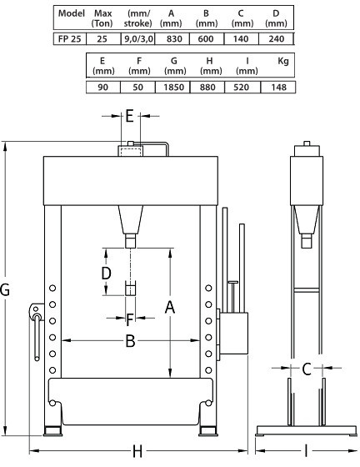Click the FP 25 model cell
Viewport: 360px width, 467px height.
(x=70, y=39)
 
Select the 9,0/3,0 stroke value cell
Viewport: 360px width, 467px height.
(x=138, y=39)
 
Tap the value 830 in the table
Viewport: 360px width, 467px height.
(x=172, y=39)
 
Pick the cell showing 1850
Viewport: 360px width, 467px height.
(x=173, y=88)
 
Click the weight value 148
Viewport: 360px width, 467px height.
(x=278, y=88)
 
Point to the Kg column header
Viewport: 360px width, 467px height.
(x=283, y=61)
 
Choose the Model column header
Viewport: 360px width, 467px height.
(x=72, y=13)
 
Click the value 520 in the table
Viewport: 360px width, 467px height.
(x=242, y=88)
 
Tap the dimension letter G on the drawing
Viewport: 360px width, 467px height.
(x=5, y=289)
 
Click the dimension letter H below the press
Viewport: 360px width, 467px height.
(x=137, y=451)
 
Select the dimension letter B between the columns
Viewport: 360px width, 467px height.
(x=130, y=341)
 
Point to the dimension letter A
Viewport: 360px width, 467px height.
(x=170, y=307)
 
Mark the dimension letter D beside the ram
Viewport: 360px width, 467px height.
(x=106, y=274)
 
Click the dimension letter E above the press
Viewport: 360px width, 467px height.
(x=129, y=116)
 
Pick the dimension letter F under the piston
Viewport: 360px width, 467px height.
(x=130, y=320)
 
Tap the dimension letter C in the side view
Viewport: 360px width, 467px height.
(x=307, y=369)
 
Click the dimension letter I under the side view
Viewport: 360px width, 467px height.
(x=306, y=451)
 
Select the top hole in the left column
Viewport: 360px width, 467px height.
(x=52, y=289)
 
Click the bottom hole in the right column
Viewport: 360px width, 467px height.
(x=208, y=370)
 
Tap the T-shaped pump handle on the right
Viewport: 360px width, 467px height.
(x=233, y=296)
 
